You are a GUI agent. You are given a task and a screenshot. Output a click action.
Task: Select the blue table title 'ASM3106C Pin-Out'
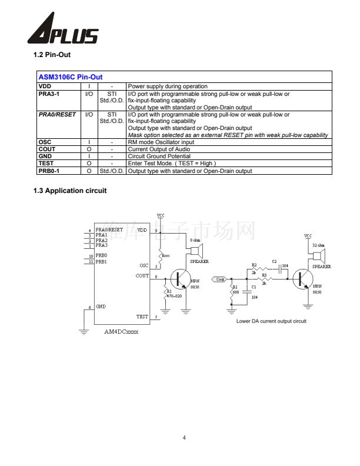(70, 77)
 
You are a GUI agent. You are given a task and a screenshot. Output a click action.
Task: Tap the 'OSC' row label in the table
(45, 142)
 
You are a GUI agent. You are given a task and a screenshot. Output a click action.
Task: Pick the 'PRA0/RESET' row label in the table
(57, 115)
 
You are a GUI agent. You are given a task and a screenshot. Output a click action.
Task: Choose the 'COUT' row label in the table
(47, 149)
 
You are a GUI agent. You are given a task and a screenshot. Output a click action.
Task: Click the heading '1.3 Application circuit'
(70, 190)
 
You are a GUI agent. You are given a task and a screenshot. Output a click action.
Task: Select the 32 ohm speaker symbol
(318, 255)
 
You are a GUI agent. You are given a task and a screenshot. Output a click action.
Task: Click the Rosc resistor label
(166, 255)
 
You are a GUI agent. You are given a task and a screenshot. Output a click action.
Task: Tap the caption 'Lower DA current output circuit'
(271, 321)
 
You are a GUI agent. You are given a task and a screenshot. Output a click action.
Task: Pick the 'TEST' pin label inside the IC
(142, 317)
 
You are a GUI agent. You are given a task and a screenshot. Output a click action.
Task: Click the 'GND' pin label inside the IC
(101, 307)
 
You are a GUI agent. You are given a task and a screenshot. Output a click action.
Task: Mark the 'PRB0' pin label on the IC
(101, 255)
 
